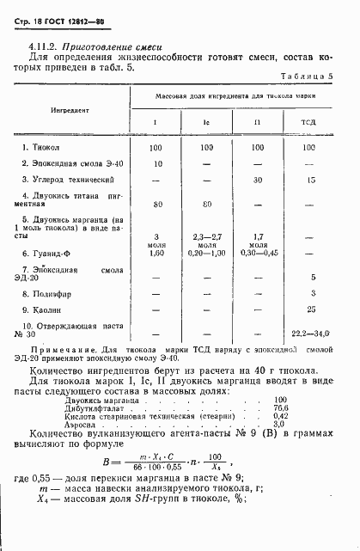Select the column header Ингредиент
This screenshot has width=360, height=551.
tap(73, 111)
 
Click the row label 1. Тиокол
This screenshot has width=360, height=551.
tap(64, 148)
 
